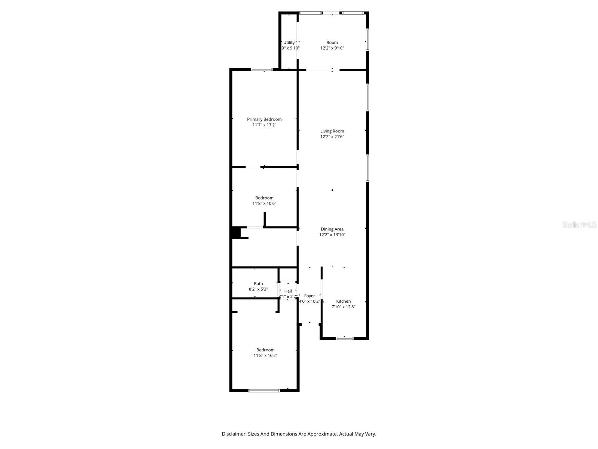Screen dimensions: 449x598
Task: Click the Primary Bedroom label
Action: point(264,119)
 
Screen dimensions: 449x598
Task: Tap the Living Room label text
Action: point(332,131)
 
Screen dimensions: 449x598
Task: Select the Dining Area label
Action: point(332,229)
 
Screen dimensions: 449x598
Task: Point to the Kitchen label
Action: point(343,301)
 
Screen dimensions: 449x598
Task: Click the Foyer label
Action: point(309,296)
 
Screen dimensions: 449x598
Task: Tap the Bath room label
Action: point(258,284)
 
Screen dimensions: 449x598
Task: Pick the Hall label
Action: point(288,291)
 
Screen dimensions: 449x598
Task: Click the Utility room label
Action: point(289,43)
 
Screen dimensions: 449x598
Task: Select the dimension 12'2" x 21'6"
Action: point(332,137)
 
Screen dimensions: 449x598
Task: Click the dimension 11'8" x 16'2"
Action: point(265,356)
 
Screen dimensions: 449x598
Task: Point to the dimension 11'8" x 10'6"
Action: point(264,204)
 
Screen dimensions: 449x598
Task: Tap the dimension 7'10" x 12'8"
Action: point(343,307)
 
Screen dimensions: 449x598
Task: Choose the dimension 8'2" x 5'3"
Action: point(258,289)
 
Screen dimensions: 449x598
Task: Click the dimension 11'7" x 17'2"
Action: point(264,125)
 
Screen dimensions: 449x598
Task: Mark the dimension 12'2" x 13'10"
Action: point(332,235)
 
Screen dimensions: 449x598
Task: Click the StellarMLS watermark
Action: point(580,225)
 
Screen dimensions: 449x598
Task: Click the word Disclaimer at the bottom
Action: point(234,434)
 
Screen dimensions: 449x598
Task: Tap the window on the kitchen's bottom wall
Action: point(344,338)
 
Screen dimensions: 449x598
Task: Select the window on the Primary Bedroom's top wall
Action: point(262,69)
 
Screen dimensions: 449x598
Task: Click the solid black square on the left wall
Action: point(236,232)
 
